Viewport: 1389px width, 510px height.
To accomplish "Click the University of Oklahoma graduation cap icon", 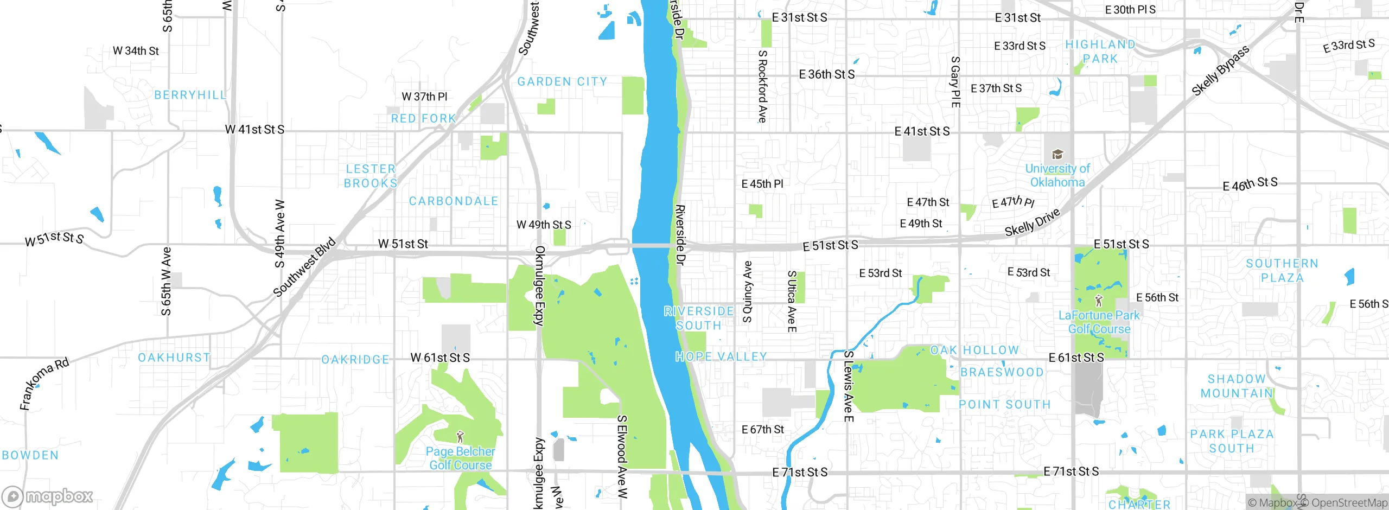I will coord(1057,155).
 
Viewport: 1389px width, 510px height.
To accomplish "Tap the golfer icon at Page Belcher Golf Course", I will coord(461,436).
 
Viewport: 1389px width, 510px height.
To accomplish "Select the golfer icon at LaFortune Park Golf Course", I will coord(1099,300).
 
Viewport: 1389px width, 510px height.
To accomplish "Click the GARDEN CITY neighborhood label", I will coord(562,82).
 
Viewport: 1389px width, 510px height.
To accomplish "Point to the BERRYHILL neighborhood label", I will coord(190,95).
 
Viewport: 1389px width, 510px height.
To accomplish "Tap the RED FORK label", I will coord(424,118).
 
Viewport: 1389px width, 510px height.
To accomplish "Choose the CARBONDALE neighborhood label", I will coord(454,201).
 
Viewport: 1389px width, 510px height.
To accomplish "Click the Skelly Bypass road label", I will coord(1220,71).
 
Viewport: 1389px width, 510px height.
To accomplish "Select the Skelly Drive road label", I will coord(1032,222).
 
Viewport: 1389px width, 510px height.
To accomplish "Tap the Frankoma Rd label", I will coord(44,384).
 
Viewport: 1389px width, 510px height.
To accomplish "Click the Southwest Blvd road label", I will coord(304,267).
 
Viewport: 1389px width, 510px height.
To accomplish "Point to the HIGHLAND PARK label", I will coord(1100,52).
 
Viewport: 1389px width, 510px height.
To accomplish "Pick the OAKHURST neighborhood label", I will coord(174,358).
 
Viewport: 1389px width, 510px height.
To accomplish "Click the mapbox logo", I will coord(48,496).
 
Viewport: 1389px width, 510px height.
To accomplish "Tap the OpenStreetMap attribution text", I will coord(1348,503).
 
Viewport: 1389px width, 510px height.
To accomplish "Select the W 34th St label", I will coord(136,51).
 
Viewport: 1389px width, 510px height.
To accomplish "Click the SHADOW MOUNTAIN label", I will coord(1237,386).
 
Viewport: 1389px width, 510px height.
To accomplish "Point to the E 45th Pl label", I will coord(762,184).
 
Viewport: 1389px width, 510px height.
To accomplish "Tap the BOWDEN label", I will coord(30,455).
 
